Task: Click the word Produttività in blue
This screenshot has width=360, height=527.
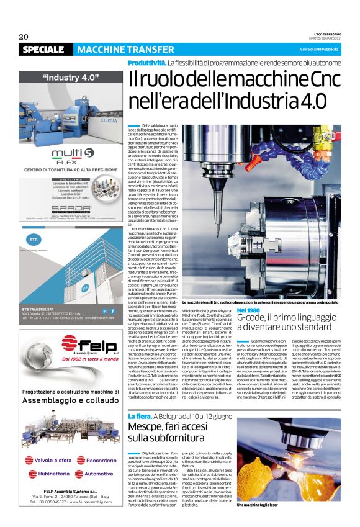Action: pyautogui.click(x=146, y=63)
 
